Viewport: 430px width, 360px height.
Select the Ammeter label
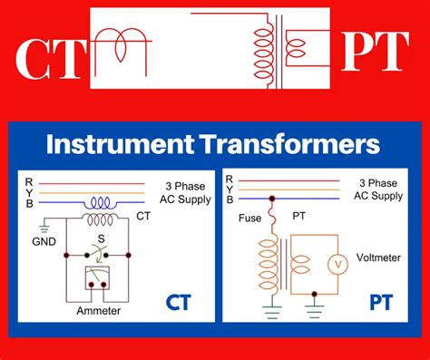pos(100,310)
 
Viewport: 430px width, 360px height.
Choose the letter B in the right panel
pos(230,199)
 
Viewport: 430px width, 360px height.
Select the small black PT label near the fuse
pos(299,218)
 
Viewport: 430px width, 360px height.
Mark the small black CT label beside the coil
pos(143,216)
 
